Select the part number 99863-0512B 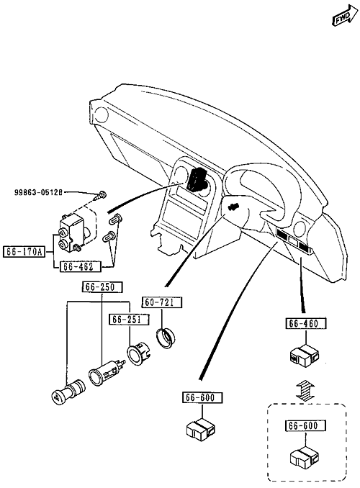(37, 192)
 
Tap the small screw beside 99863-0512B (100, 196)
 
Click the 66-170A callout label (24, 251)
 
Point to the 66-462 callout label (81, 266)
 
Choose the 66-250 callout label (102, 287)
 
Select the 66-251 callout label (129, 320)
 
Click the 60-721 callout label (162, 302)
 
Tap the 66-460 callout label (306, 324)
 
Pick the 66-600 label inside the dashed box (305, 425)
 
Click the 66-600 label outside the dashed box (202, 398)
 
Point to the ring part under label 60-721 (166, 338)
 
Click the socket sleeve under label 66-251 (139, 353)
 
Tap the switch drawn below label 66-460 (305, 356)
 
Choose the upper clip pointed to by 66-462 (116, 220)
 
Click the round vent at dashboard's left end (101, 114)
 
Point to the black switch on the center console (197, 179)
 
